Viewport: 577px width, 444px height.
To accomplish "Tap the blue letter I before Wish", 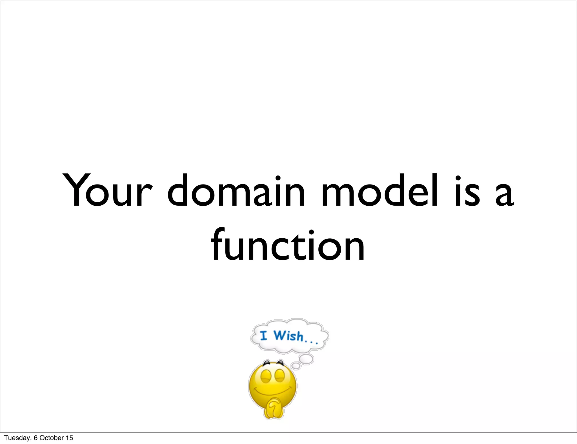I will coord(263,336).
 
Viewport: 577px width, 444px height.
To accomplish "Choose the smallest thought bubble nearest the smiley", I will coord(296,366).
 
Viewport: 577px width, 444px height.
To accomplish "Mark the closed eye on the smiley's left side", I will coord(265,376).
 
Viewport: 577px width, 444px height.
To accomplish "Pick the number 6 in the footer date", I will coord(35,438).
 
